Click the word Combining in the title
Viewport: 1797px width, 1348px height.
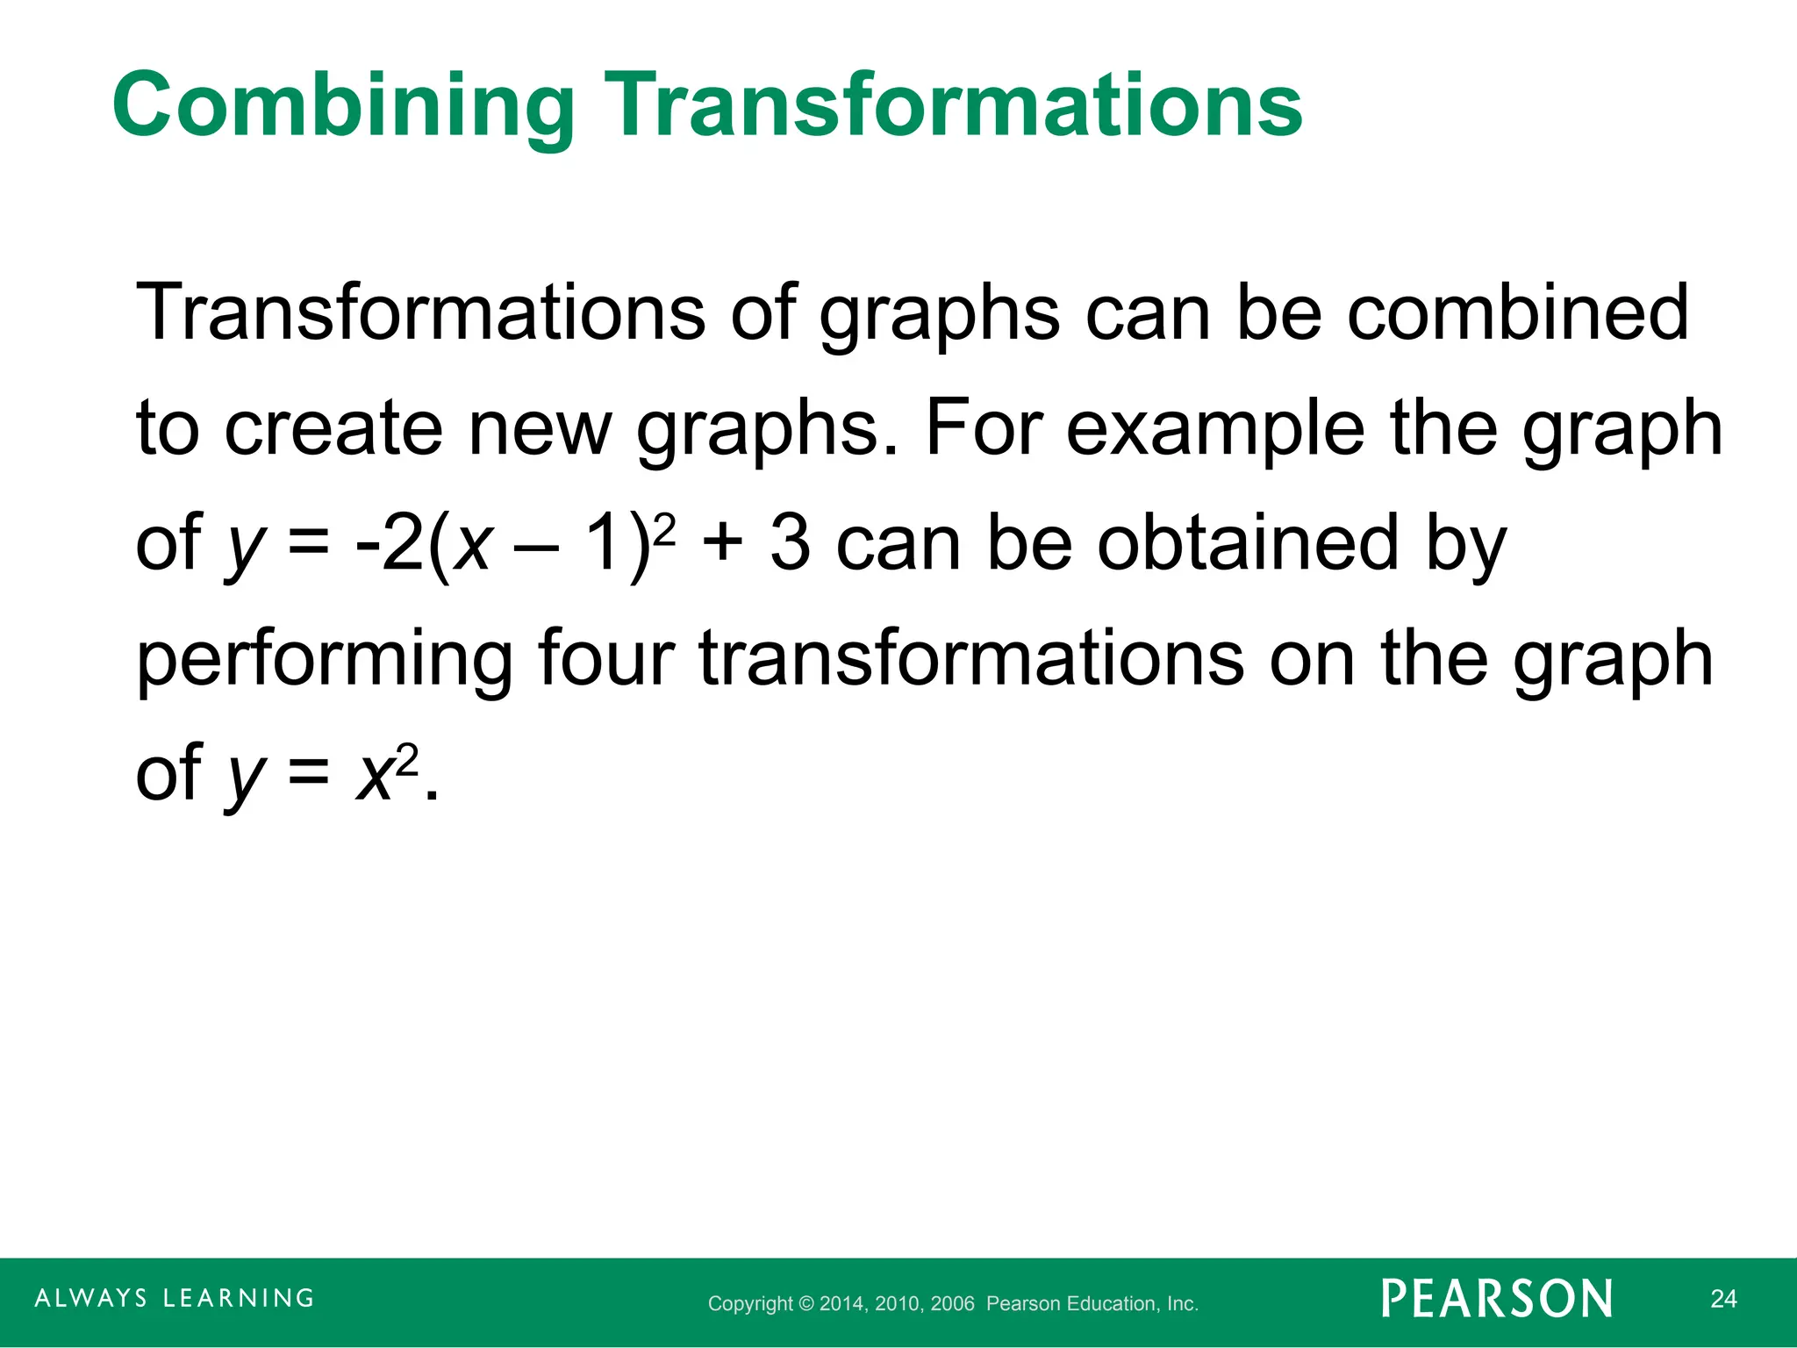[x=343, y=107]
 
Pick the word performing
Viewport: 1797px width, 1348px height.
[x=325, y=660]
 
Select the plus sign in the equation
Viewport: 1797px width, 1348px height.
[x=723, y=543]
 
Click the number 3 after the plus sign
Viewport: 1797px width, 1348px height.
[x=790, y=543]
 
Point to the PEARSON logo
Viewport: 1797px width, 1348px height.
[x=1497, y=1299]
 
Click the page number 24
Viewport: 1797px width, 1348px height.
[x=1723, y=1299]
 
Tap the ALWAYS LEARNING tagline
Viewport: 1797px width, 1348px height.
[x=175, y=1298]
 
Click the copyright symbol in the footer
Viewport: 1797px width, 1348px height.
[x=806, y=1304]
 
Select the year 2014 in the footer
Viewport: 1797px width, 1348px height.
[x=843, y=1304]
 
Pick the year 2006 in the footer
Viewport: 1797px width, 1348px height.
[x=953, y=1304]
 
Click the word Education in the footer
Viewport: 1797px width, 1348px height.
[x=1111, y=1304]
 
